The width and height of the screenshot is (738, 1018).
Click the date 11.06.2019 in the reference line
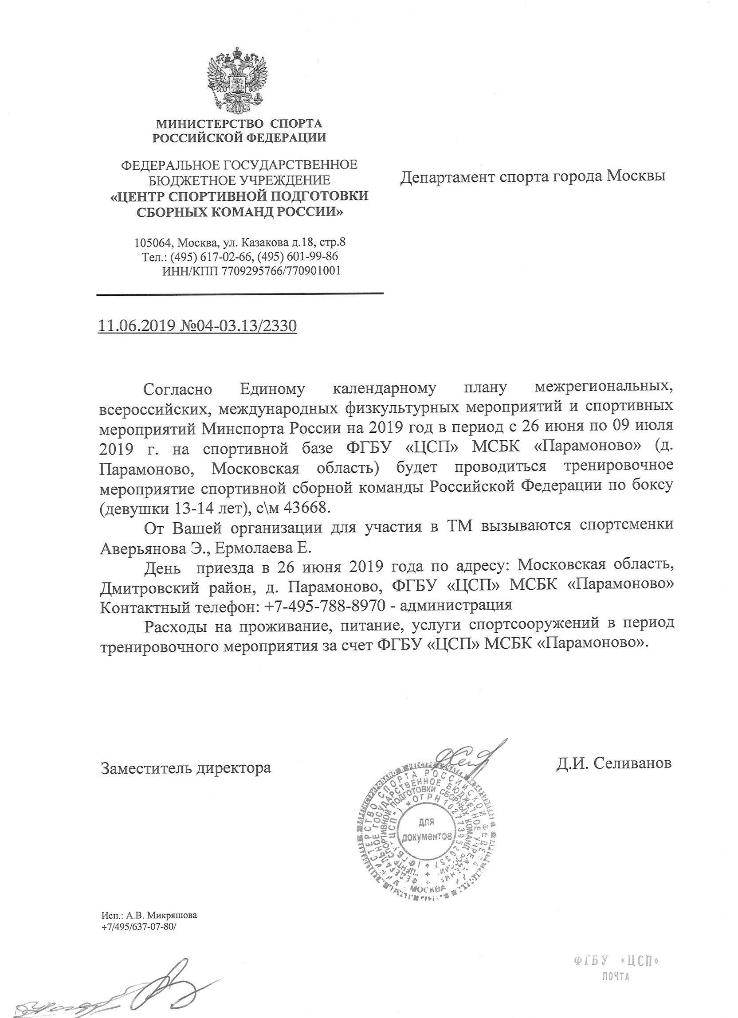pyautogui.click(x=136, y=326)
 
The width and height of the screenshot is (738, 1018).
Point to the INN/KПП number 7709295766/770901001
pyautogui.click(x=281, y=270)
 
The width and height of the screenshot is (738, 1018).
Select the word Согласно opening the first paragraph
pyautogui.click(x=177, y=389)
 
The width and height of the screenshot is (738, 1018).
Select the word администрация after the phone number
pyautogui.click(x=455, y=605)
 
